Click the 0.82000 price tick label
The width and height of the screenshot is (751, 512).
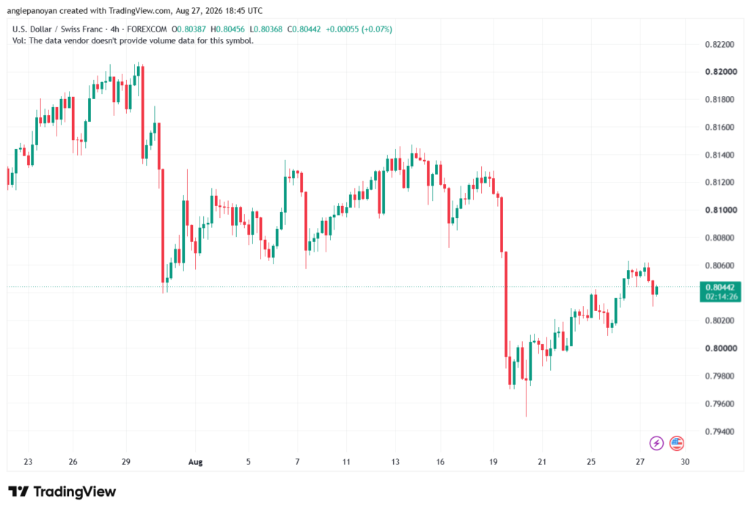click(721, 72)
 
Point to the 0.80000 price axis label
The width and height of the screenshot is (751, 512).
click(721, 348)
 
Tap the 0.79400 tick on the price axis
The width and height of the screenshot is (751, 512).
click(719, 431)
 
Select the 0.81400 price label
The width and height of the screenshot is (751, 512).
click(719, 155)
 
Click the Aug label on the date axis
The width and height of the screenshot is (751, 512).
click(195, 462)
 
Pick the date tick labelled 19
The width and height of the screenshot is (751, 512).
click(494, 462)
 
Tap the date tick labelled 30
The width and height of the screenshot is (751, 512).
click(685, 462)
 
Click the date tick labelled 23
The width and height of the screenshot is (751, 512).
click(29, 462)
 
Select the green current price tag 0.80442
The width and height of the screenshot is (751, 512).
click(720, 288)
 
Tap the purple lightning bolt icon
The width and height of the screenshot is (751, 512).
click(656, 443)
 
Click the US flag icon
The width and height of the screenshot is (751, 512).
click(677, 443)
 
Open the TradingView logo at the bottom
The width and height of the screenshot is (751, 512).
click(62, 492)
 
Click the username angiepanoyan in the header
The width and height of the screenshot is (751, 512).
click(32, 10)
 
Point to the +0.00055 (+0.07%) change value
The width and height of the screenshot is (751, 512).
click(359, 29)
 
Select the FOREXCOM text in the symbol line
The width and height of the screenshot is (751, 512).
click(147, 29)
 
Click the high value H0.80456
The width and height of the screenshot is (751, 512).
click(227, 29)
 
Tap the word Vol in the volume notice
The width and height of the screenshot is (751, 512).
click(18, 41)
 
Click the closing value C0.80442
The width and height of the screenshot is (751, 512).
click(304, 29)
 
